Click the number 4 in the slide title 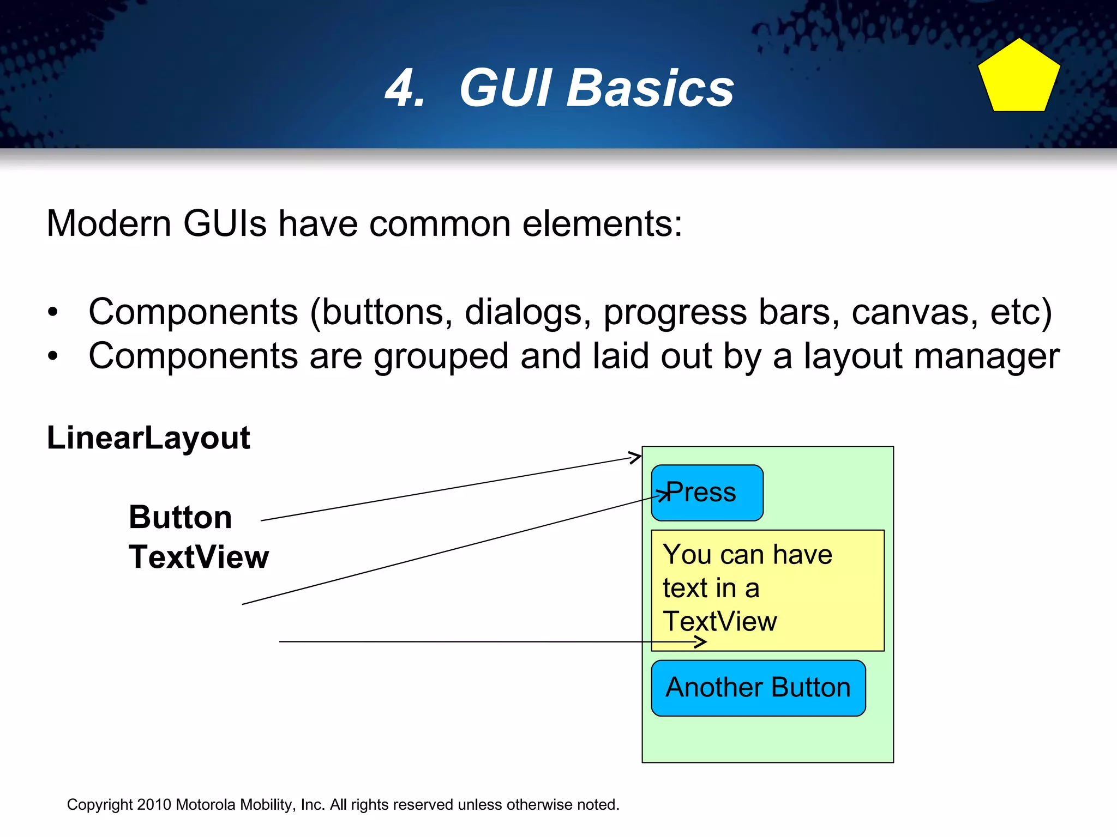405,88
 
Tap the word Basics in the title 650,88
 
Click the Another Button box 758,688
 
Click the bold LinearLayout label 148,438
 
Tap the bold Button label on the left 181,517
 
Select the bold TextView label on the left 199,557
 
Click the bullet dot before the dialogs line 52,313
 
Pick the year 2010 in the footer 154,805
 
